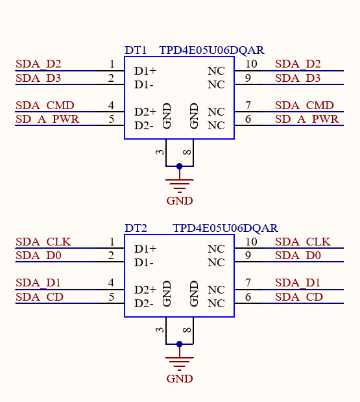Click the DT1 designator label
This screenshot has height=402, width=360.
point(136,50)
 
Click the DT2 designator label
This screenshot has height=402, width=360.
point(136,228)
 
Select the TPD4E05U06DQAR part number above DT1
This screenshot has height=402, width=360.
point(211,50)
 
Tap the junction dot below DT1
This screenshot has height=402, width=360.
point(180,166)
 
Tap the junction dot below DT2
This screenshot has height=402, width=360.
point(180,344)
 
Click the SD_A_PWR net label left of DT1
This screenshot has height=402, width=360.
point(47,119)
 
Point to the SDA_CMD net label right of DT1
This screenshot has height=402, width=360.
point(304,105)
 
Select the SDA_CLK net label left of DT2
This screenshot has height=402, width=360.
point(43,242)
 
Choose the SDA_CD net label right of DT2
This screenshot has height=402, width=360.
point(299,297)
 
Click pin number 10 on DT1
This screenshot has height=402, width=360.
point(251,64)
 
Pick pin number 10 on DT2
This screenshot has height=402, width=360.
point(251,242)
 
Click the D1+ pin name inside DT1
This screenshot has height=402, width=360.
point(145,71)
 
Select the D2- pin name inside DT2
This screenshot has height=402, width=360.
point(144,303)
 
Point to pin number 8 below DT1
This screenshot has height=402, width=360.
point(187,152)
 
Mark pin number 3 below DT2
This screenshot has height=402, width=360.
point(160,330)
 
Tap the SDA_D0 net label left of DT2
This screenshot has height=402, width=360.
point(38,256)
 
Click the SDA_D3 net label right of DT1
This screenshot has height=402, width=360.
point(298,78)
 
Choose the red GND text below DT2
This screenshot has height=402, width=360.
point(180,379)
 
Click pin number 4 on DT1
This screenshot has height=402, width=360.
point(111,105)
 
